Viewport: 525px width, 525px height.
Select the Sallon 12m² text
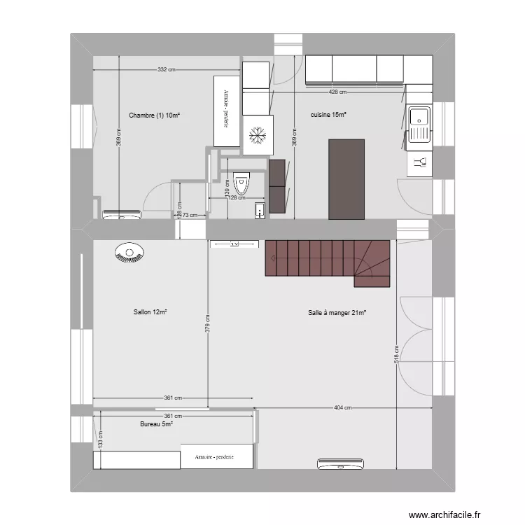click(x=149, y=312)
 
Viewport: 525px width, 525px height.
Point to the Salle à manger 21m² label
click(x=337, y=313)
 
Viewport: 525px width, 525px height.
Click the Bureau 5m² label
click(x=156, y=423)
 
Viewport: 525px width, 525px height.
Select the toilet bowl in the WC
click(x=242, y=183)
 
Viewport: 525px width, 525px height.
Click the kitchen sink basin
click(x=419, y=117)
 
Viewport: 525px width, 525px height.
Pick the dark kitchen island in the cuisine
click(x=346, y=178)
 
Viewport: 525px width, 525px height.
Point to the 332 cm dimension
click(x=166, y=69)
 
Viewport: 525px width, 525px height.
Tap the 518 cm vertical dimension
click(x=396, y=357)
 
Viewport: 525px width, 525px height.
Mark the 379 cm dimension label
click(x=208, y=325)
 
